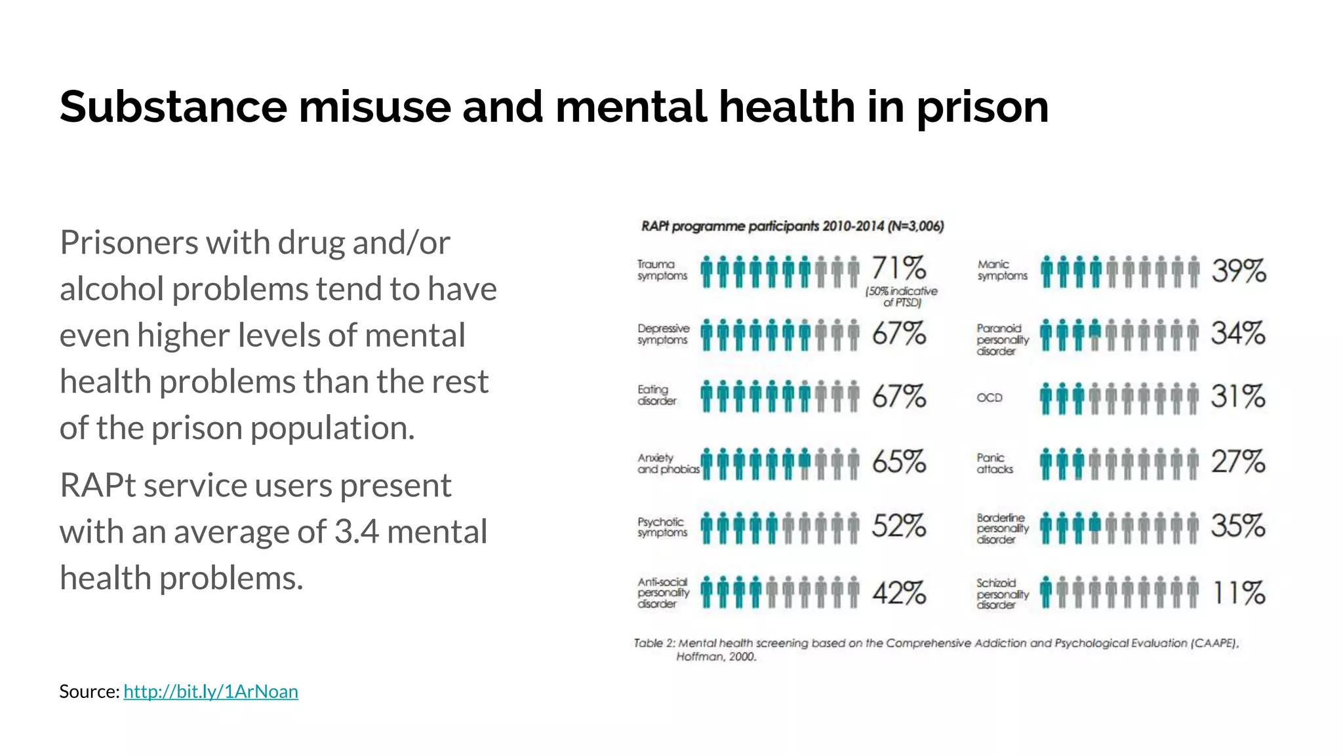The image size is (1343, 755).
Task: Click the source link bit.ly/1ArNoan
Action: (210, 691)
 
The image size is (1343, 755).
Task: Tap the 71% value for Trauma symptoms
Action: (898, 268)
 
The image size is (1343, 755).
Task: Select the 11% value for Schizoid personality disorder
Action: (1238, 593)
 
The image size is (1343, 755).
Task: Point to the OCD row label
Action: (990, 398)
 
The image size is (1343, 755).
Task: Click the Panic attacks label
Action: (994, 463)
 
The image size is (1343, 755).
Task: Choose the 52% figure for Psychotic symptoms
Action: (898, 526)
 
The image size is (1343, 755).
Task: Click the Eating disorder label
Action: (656, 395)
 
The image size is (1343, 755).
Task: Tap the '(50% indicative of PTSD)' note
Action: (902, 297)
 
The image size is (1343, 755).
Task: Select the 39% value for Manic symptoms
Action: (1238, 271)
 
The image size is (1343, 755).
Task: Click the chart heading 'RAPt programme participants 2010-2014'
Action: (792, 227)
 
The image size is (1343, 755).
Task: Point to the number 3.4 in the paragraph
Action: (356, 532)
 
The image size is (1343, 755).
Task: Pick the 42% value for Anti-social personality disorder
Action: (898, 593)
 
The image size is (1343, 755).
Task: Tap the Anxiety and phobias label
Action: (668, 463)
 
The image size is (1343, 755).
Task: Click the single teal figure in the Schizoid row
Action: (1045, 593)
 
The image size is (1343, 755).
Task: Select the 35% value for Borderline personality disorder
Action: (1238, 526)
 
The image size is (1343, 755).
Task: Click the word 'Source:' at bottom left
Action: (89, 691)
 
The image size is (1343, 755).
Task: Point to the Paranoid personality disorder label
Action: (1002, 339)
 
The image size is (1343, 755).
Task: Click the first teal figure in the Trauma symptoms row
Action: (706, 271)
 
